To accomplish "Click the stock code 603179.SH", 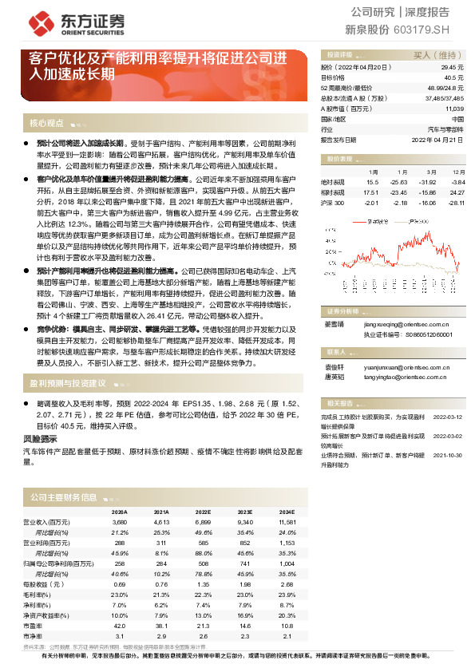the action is (x=438, y=30).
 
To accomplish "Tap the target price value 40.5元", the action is (x=453, y=78).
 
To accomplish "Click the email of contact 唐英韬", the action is (x=410, y=378).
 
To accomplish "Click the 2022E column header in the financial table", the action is (x=203, y=512).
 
